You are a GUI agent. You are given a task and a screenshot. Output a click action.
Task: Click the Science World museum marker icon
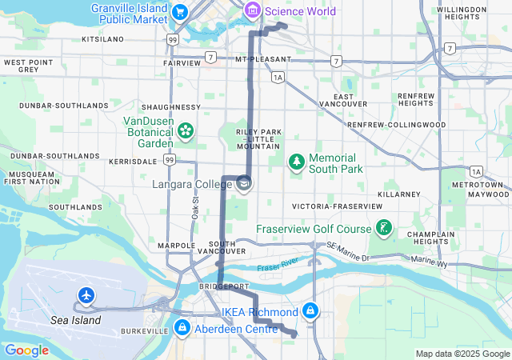253,10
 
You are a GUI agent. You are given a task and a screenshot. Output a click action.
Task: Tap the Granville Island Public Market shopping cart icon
180,11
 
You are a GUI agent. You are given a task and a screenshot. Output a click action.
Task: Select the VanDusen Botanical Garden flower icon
185,130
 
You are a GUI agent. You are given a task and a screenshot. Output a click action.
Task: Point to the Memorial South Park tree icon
297,162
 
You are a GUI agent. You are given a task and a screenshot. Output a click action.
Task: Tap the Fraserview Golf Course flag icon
385,230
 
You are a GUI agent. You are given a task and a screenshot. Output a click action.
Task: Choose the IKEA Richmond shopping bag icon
310,310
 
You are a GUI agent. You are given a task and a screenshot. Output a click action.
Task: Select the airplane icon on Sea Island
86,297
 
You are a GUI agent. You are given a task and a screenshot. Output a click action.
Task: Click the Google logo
26,350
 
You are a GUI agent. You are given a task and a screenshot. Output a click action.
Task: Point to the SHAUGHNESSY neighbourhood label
170,106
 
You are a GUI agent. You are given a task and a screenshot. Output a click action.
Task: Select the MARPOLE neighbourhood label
177,245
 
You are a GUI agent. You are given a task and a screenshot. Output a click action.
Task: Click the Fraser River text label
277,264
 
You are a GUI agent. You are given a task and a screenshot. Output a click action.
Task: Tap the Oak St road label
195,207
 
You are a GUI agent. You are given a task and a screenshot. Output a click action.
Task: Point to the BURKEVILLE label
144,330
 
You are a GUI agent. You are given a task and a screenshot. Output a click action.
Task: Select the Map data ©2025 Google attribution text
462,354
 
